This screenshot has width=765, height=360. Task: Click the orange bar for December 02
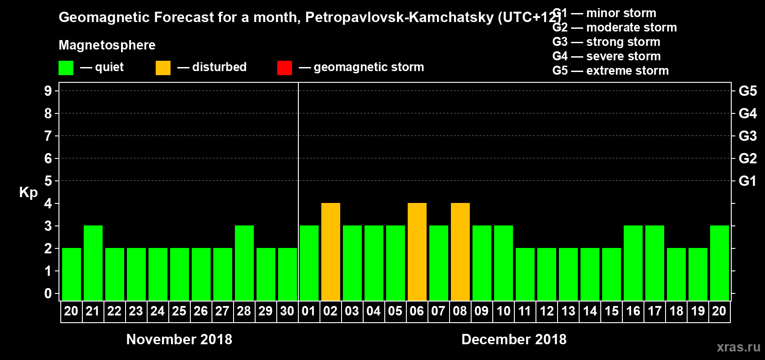tap(331, 252)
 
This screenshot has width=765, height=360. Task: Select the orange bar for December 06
tap(417, 252)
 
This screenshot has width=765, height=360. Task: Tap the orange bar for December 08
tap(460, 252)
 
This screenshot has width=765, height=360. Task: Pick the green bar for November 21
tap(93, 263)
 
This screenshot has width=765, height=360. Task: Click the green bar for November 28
tap(244, 263)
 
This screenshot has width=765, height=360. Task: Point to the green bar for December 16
tap(633, 263)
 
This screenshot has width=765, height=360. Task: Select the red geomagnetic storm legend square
tap(284, 68)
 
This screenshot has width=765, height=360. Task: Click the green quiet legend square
tap(66, 68)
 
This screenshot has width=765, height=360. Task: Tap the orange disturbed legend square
tap(163, 68)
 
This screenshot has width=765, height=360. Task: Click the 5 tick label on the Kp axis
tap(48, 181)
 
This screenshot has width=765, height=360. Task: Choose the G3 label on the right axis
tap(747, 136)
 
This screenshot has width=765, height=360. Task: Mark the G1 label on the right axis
tap(747, 181)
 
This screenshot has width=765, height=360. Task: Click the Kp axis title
tap(28, 192)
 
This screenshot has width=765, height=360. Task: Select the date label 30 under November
tap(287, 311)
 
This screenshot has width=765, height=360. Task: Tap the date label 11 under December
tap(525, 311)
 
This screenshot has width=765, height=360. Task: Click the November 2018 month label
tap(179, 339)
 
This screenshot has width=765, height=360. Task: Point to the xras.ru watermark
tap(738, 347)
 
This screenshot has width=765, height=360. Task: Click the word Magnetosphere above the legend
tap(107, 45)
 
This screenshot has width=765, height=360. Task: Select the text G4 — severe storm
tap(607, 56)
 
